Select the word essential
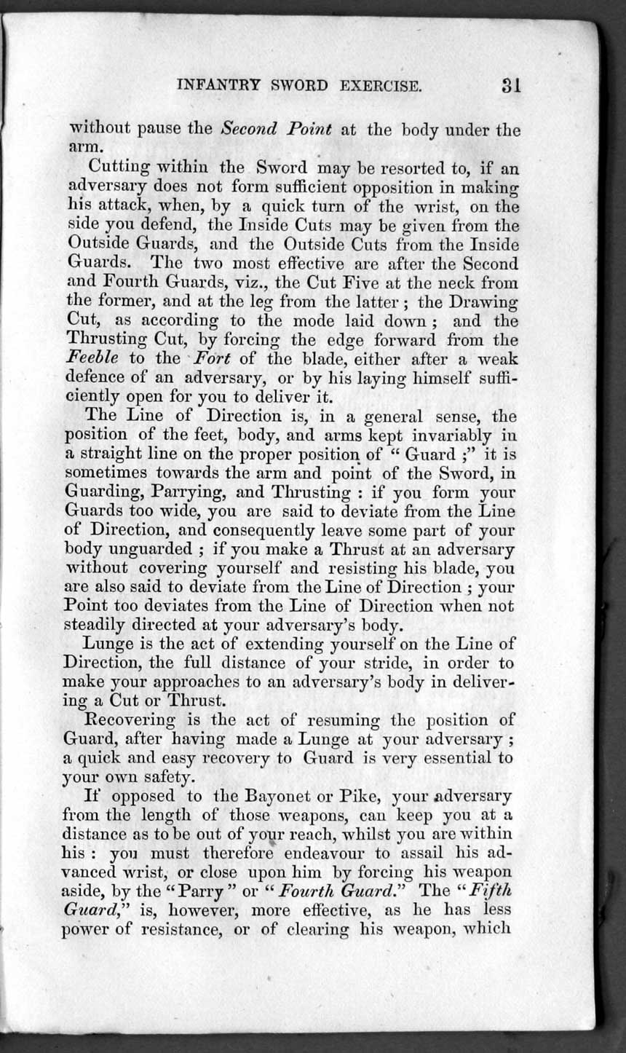tap(459, 757)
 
